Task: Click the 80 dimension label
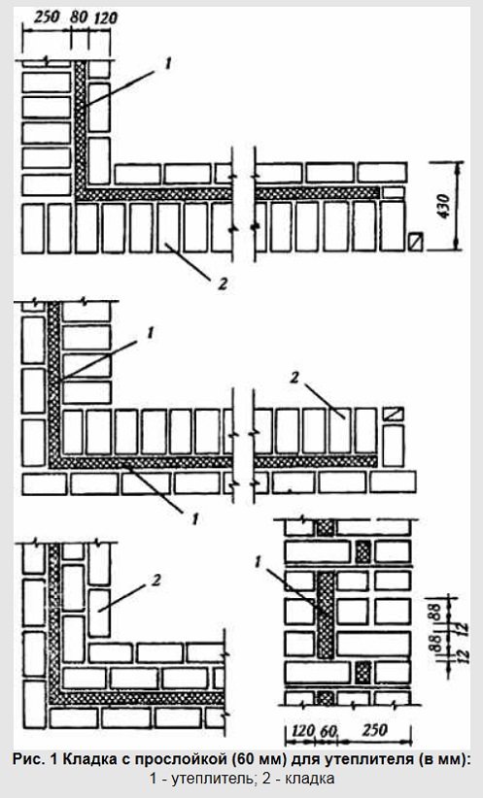pyautogui.click(x=79, y=18)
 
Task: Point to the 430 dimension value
pyautogui.click(x=444, y=206)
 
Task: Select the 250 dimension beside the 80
pyautogui.click(x=47, y=17)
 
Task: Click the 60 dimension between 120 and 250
pyautogui.click(x=328, y=731)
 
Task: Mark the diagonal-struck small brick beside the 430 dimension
pyautogui.click(x=416, y=241)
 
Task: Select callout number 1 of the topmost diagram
pyautogui.click(x=168, y=63)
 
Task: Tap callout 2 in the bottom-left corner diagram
pyautogui.click(x=155, y=580)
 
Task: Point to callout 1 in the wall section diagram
pyautogui.click(x=258, y=562)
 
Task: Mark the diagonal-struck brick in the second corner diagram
pyautogui.click(x=394, y=414)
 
